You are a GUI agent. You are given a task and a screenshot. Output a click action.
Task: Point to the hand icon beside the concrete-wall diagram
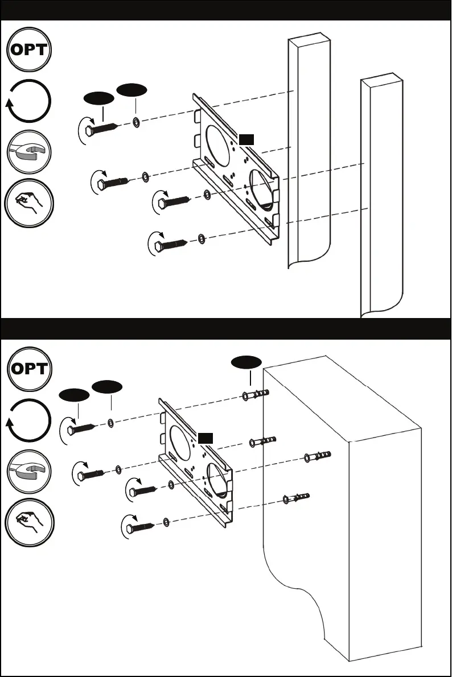tap(28, 522)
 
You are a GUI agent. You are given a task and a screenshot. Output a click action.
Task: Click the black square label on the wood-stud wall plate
tap(245, 139)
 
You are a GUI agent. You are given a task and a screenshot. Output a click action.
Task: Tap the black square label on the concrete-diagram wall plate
tap(206, 437)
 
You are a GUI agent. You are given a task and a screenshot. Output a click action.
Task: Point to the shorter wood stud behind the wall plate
tap(309, 154)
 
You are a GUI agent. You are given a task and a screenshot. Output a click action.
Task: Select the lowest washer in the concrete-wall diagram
tap(165, 522)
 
